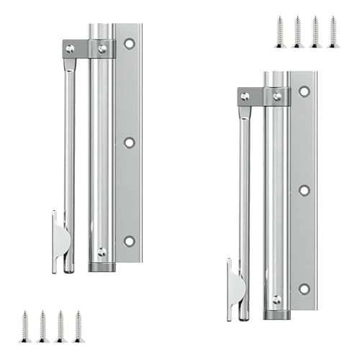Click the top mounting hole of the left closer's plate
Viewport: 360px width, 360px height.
click(130, 44)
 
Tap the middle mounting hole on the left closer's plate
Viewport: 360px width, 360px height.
click(130, 143)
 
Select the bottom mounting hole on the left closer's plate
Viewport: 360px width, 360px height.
click(130, 241)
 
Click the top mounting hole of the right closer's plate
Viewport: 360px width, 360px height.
click(304, 91)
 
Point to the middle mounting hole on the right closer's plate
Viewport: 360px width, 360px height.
click(304, 190)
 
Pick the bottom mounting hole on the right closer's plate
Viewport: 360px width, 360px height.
click(304, 289)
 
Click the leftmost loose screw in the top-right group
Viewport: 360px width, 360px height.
click(279, 32)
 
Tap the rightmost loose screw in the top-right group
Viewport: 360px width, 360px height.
click(333, 32)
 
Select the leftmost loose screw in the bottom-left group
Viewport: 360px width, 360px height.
click(25, 326)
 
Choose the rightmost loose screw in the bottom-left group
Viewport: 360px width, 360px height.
click(78, 326)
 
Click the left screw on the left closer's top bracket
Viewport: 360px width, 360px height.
click(70, 49)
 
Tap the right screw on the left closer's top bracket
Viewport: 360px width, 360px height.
click(102, 49)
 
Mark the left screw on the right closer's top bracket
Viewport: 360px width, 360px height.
click(246, 96)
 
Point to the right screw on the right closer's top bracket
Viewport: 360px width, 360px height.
click(277, 96)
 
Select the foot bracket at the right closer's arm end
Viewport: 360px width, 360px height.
click(234, 292)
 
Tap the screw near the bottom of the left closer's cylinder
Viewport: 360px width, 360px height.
click(102, 252)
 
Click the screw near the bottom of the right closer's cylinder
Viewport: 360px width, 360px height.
click(276, 300)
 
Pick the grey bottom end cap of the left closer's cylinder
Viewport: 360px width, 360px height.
click(102, 266)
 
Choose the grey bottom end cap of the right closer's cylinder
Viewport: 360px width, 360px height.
click(276, 315)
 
